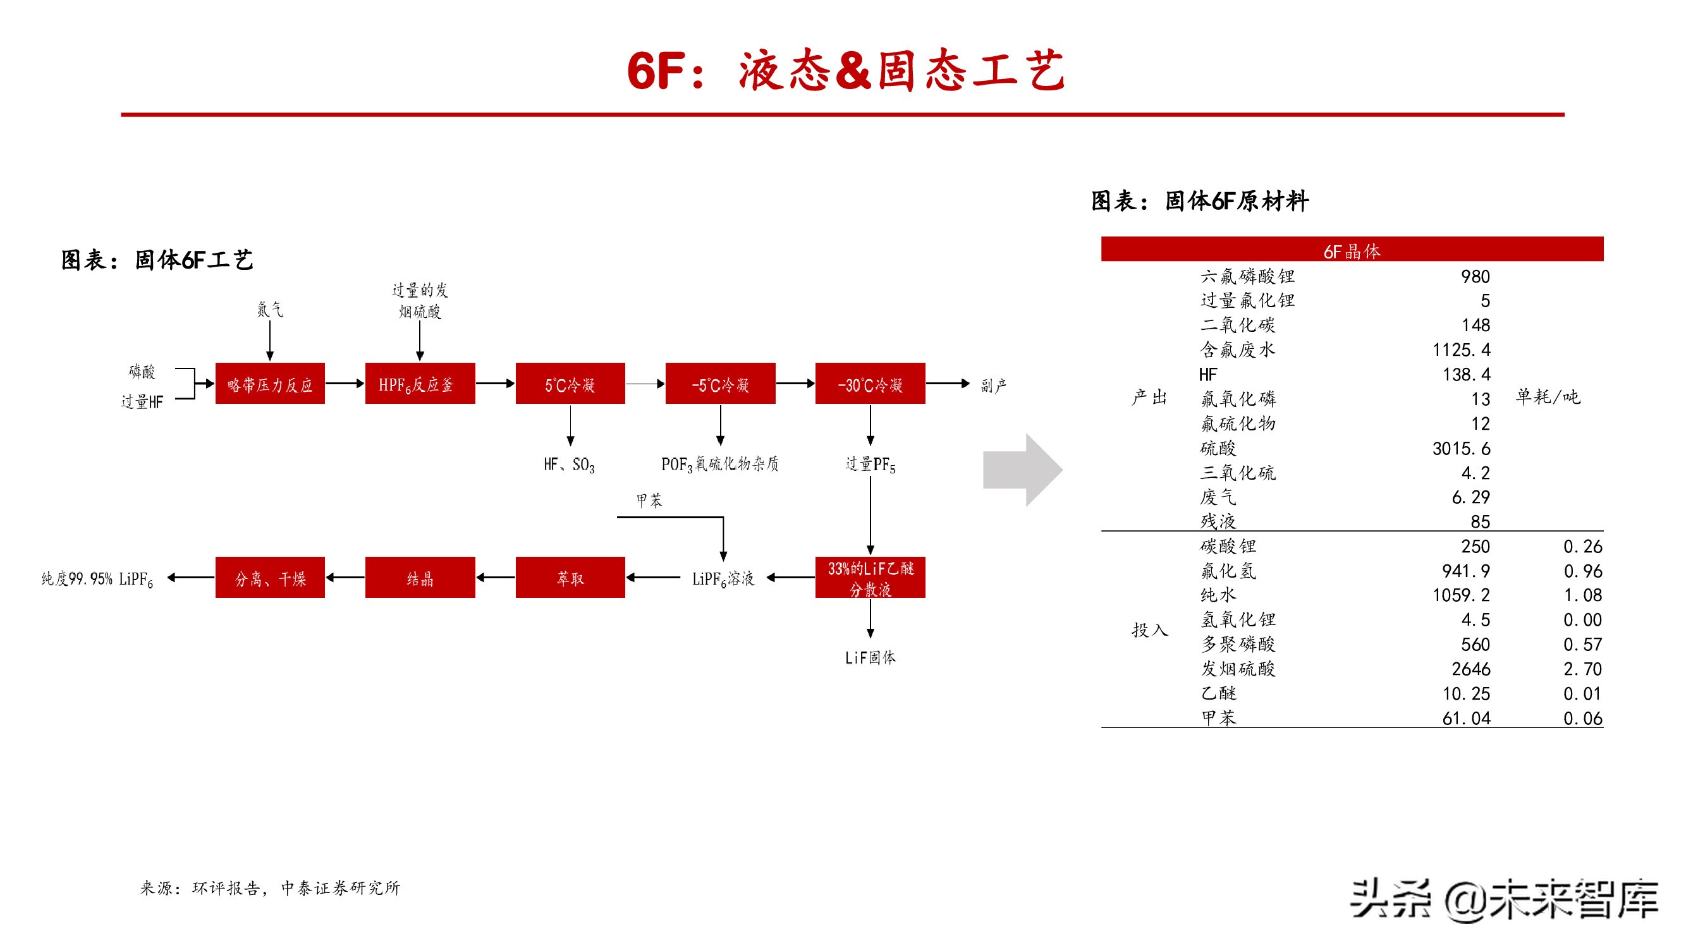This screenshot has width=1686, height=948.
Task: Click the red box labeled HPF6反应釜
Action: point(420,384)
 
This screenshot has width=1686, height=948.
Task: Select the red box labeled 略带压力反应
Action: point(270,384)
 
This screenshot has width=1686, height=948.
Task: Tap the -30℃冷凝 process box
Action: point(870,384)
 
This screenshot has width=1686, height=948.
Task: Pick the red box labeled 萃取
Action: point(570,577)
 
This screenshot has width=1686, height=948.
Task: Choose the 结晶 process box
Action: point(420,577)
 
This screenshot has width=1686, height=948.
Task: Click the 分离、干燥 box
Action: point(270,577)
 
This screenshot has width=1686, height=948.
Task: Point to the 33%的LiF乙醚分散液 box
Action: point(870,577)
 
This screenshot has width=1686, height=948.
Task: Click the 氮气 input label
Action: point(270,309)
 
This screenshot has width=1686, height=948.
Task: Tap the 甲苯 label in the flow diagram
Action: point(649,501)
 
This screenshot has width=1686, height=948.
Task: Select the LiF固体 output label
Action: point(870,657)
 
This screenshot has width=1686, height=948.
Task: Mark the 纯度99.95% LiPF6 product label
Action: point(97,578)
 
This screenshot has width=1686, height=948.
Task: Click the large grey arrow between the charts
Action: point(1021,469)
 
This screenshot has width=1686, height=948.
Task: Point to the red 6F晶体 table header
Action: point(1352,249)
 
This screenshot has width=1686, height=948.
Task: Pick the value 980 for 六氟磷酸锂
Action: point(1475,277)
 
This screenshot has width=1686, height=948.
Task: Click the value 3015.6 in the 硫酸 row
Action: point(1461,448)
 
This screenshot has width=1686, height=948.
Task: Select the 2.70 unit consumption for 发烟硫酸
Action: point(1582,669)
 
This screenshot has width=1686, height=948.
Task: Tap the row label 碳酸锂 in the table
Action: point(1228,546)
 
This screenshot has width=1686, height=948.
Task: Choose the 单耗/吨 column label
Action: point(1548,396)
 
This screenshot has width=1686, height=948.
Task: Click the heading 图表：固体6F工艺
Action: point(157,260)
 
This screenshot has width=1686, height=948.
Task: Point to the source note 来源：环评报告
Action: point(270,887)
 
